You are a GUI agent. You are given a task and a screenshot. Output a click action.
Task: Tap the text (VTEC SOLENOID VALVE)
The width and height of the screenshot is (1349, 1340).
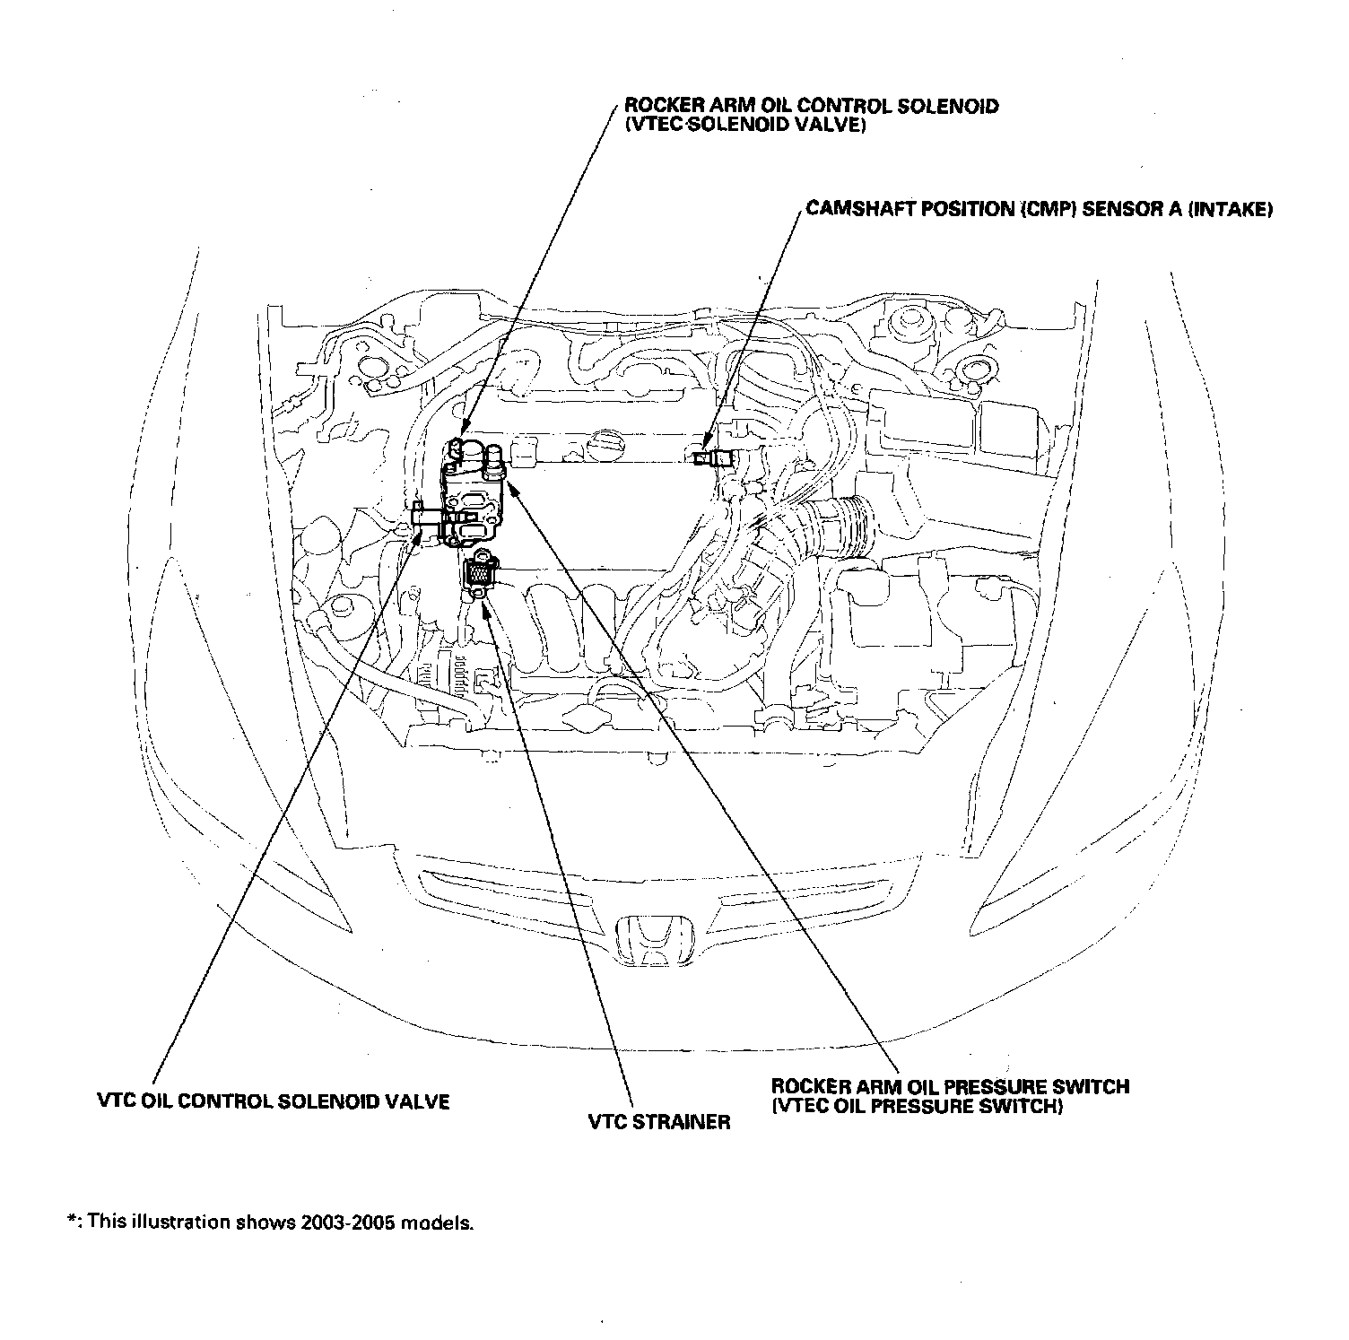pos(744,126)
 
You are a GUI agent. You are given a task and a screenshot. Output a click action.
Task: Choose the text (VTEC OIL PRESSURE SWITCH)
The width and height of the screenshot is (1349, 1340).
pos(917,1106)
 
